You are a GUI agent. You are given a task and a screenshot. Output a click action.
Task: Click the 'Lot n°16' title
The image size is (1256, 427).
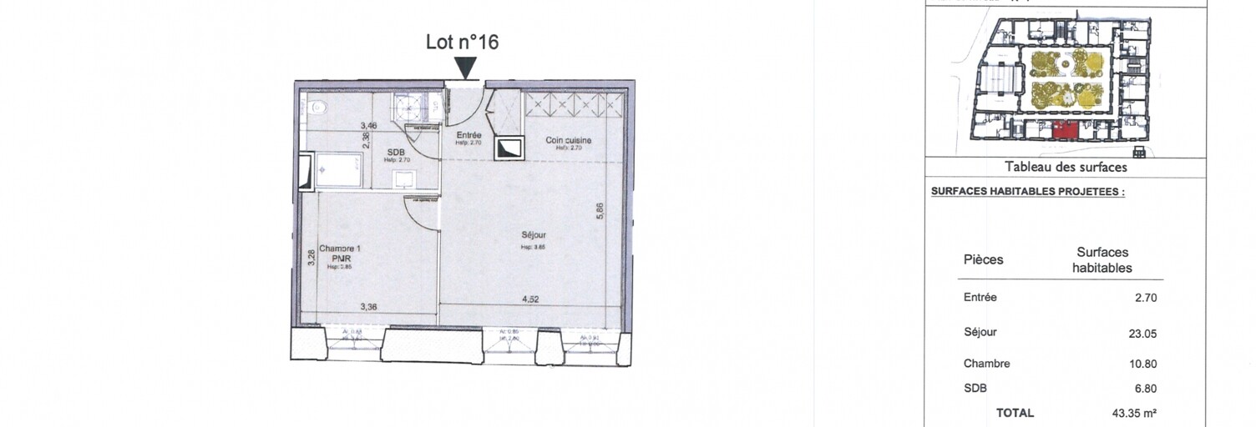point(462,42)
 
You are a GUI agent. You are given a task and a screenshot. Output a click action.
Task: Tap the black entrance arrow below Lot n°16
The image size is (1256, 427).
point(466,67)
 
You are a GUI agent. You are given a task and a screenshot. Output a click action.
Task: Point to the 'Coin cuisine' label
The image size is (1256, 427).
point(569,140)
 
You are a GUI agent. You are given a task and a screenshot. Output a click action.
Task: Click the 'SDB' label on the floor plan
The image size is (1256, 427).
point(396,151)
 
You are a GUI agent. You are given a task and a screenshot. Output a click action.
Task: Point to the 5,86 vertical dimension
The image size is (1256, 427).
point(599,213)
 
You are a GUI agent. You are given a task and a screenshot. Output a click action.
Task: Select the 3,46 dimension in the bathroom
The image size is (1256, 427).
point(368,126)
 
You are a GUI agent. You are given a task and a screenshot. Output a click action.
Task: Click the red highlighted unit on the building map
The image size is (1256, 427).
point(1062,129)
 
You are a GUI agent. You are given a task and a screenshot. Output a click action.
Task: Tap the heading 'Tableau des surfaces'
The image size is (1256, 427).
point(1066,167)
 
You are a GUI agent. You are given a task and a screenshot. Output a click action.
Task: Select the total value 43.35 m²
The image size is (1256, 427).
point(1135,413)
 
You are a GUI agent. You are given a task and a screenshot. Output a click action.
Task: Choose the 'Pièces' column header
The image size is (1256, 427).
point(983,259)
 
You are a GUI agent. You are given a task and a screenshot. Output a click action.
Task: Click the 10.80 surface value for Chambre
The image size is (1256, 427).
point(1142,364)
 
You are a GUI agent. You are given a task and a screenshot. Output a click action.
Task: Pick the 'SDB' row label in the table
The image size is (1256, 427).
point(974,388)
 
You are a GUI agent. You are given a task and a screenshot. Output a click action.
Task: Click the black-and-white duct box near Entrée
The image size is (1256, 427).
point(509,148)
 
